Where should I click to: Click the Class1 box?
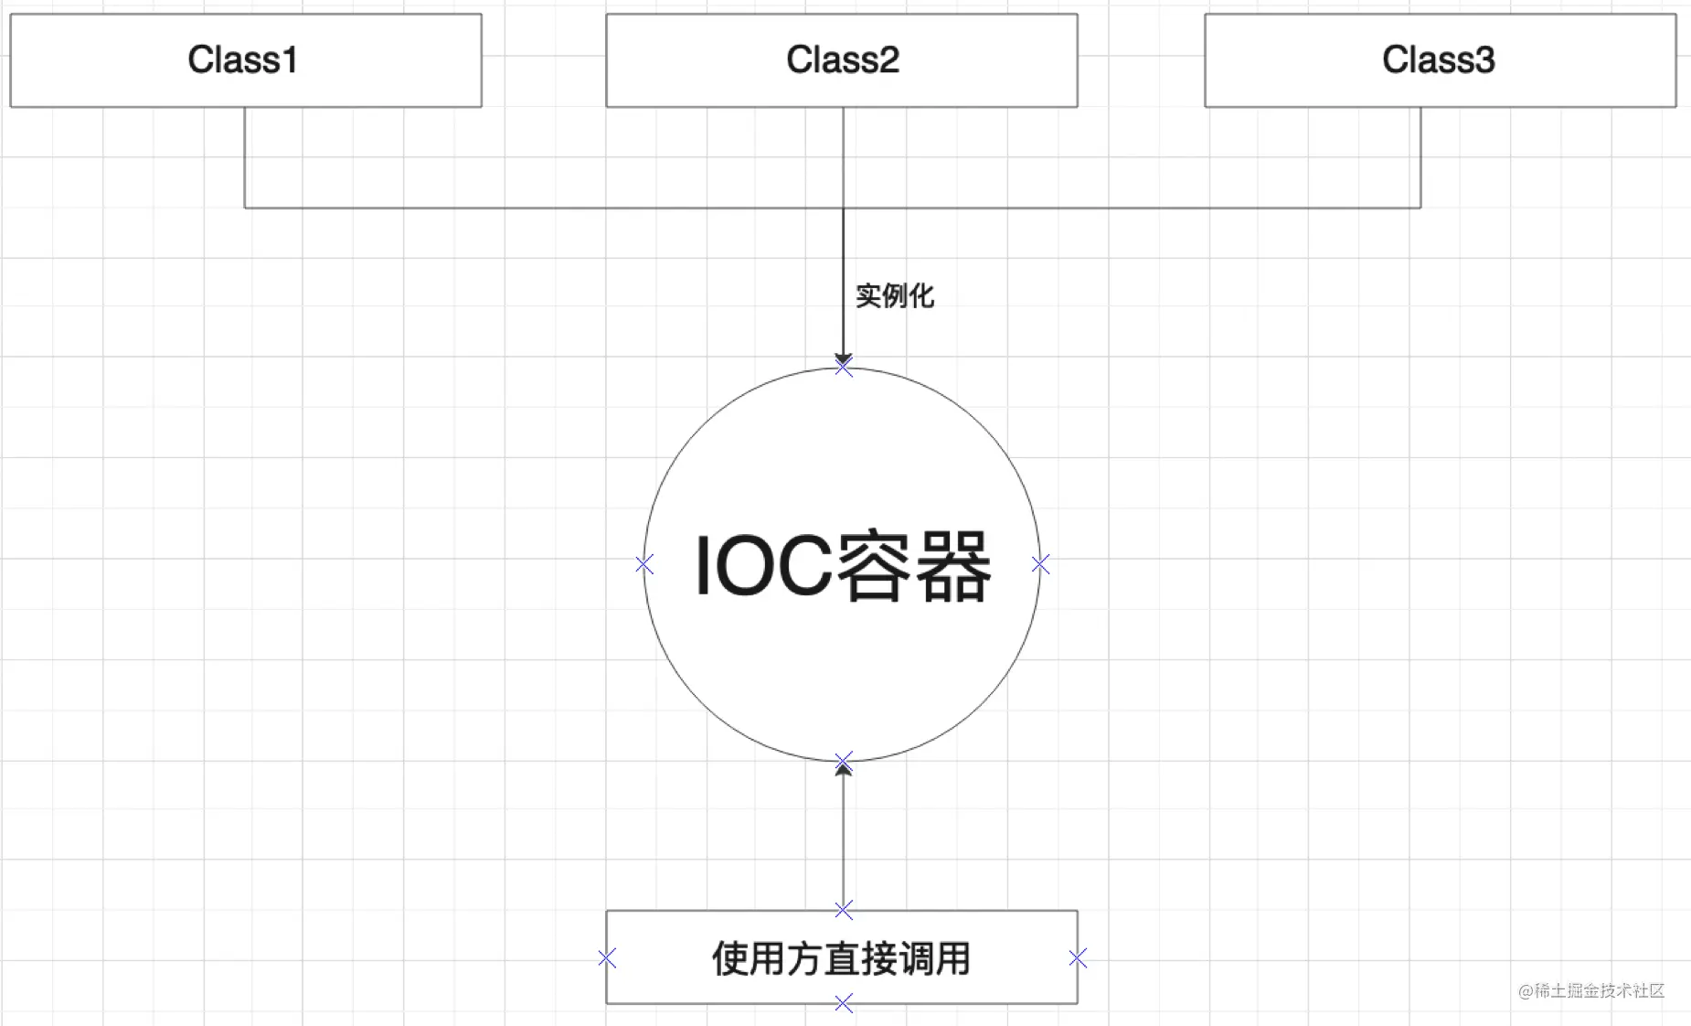pyautogui.click(x=246, y=60)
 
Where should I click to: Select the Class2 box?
pyautogui.click(x=842, y=60)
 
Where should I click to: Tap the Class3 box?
pyautogui.click(x=1441, y=60)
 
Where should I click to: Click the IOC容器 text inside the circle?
pyautogui.click(x=843, y=567)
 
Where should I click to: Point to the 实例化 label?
pyautogui.click(x=895, y=295)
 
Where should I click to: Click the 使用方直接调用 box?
pyautogui.click(x=842, y=957)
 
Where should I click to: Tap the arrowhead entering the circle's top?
pyautogui.click(x=844, y=359)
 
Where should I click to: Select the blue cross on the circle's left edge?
pyautogui.click(x=644, y=565)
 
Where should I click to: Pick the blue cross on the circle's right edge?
pyautogui.click(x=1040, y=565)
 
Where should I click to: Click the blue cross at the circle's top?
pyautogui.click(x=844, y=367)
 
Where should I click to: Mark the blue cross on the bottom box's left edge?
pyautogui.click(x=607, y=958)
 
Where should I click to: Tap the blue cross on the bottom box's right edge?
pyautogui.click(x=1078, y=958)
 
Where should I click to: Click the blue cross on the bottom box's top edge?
pyautogui.click(x=844, y=910)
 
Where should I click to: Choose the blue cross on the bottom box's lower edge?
pyautogui.click(x=844, y=1004)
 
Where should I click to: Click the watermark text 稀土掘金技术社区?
pyautogui.click(x=1599, y=990)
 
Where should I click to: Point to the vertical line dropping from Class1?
pyautogui.click(x=245, y=157)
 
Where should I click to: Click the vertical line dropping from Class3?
pyautogui.click(x=1420, y=157)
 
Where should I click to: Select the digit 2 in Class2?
pyautogui.click(x=888, y=60)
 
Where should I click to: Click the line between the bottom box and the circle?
pyautogui.click(x=844, y=837)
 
